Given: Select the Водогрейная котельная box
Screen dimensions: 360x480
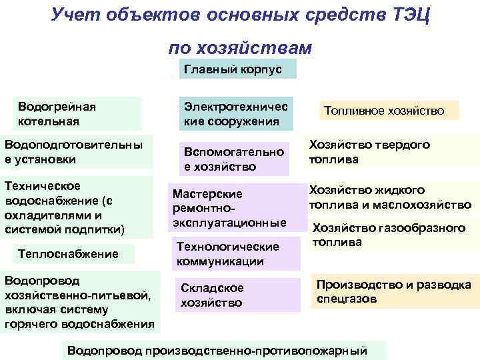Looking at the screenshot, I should click(x=78, y=114).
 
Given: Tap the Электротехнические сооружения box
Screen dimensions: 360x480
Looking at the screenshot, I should click(x=235, y=114).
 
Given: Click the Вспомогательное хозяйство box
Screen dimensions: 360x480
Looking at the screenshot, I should click(x=235, y=159).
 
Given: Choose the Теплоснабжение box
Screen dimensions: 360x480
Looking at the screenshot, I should click(x=69, y=254).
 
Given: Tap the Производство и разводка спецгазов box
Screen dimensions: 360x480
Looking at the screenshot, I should click(x=393, y=292).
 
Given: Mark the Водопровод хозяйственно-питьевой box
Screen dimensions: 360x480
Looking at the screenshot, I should click(x=79, y=303).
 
